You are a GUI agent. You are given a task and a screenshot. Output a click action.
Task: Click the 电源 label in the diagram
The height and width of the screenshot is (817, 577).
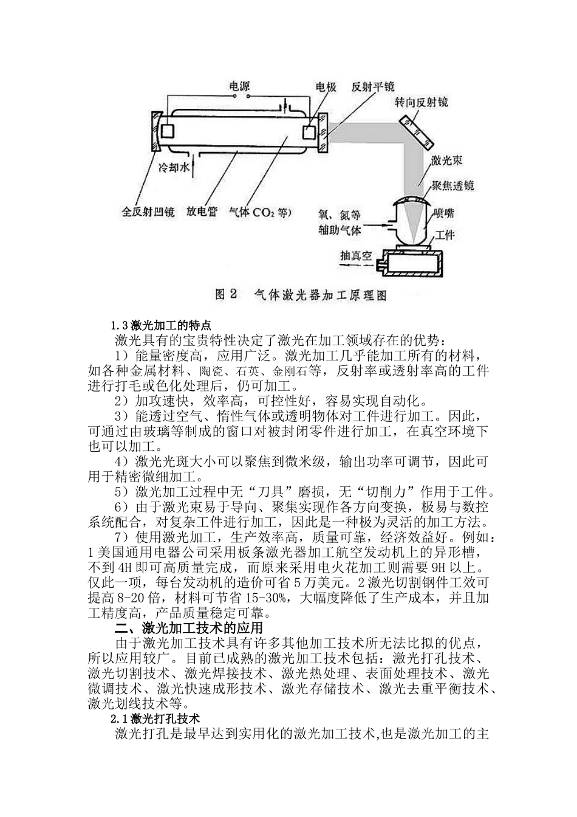239,87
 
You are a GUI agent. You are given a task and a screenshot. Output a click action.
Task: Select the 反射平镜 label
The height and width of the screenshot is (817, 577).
374,87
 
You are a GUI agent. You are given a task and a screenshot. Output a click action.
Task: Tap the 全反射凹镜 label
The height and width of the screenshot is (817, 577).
148,212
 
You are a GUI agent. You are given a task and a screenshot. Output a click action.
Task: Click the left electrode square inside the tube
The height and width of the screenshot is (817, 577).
168,131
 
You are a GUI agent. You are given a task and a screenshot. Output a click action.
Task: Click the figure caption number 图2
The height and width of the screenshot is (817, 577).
225,295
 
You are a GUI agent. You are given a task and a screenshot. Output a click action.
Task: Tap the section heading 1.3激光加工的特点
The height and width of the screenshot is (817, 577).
160,324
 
